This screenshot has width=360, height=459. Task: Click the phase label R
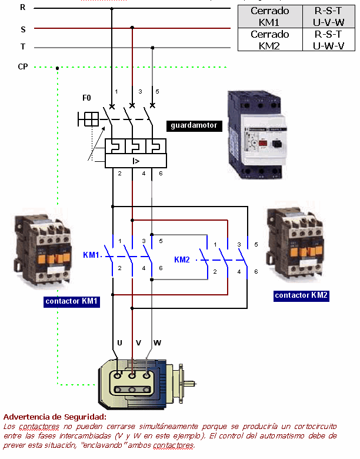tap(23, 8)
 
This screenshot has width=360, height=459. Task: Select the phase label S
tap(23, 28)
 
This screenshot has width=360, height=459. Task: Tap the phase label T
tap(23, 47)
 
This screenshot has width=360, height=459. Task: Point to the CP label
tap(23, 67)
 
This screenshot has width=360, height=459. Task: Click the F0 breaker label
tap(87, 98)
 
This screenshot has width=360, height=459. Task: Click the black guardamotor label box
tap(194, 125)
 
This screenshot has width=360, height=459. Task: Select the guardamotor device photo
tap(256, 134)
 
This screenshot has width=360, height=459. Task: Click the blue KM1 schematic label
tap(91, 255)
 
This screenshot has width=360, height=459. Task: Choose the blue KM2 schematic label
tap(182, 260)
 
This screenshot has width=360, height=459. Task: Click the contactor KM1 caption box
tap(72, 302)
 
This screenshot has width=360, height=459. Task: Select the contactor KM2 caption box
tap(301, 295)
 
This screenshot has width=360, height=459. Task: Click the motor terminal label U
tap(119, 342)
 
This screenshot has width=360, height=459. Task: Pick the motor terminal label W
tap(157, 342)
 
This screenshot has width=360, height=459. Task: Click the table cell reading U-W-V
tap(329, 45)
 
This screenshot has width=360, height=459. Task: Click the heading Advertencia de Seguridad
tap(54, 417)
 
